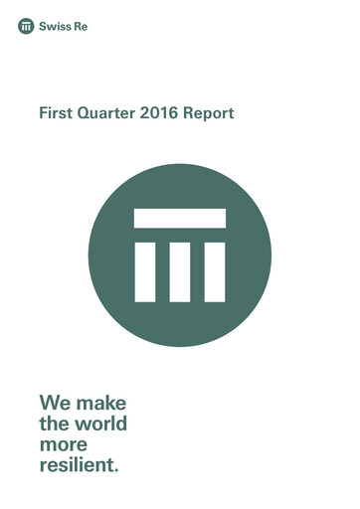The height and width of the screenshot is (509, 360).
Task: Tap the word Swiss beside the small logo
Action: tap(53, 26)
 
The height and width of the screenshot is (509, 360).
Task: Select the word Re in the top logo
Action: tap(79, 26)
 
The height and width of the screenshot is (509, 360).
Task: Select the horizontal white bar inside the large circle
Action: tap(180, 218)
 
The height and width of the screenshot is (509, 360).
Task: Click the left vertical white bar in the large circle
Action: tap(145, 269)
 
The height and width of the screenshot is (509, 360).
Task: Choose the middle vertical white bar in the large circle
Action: tap(180, 269)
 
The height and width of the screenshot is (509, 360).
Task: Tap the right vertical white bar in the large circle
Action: tap(215, 269)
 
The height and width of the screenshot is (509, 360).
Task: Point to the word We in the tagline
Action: tap(55, 404)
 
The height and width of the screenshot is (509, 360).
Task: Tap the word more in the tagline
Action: tap(63, 444)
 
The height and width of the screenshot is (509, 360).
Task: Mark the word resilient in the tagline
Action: tap(77, 463)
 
